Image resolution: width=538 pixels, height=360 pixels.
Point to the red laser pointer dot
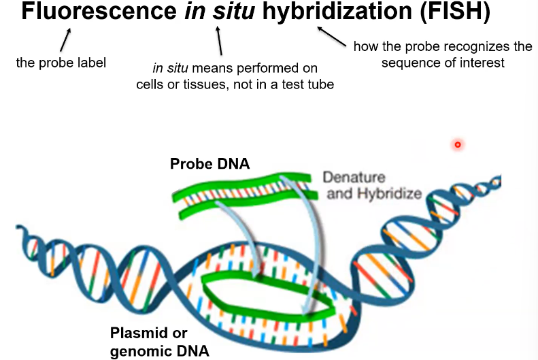tap(458, 144)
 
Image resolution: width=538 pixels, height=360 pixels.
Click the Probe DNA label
tap(210, 164)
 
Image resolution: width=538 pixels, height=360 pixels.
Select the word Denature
tap(353, 178)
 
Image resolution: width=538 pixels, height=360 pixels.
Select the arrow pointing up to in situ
tap(218, 42)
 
